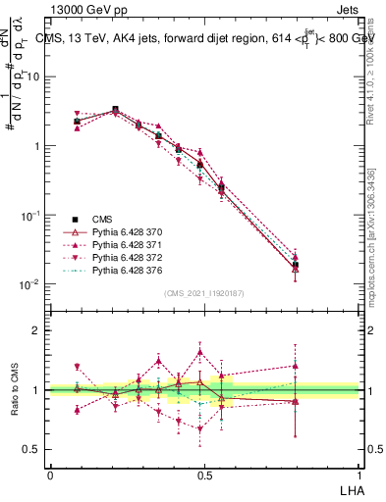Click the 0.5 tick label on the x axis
point(203,475)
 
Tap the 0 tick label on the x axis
point(50,475)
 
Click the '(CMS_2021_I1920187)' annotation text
point(203,292)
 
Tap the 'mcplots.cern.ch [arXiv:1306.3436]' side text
point(371,236)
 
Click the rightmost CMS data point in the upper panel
point(296,265)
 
